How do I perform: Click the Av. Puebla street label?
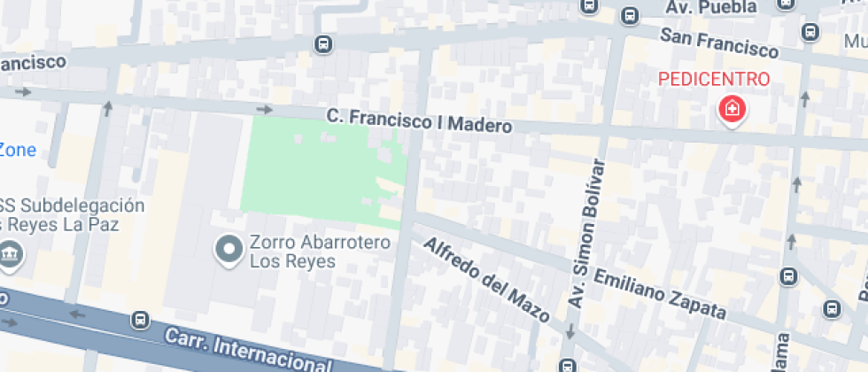point(712,7)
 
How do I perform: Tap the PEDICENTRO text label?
point(714,79)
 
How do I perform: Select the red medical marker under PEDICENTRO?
point(732,110)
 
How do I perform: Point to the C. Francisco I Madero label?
point(419,120)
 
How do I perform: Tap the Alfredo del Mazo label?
point(486,279)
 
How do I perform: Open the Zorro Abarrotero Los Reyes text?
point(292,252)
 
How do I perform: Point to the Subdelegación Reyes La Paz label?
point(72,215)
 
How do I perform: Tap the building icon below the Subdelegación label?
point(10,254)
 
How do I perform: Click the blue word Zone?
point(18,150)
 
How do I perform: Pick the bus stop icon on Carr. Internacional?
point(139,319)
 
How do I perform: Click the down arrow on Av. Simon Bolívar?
point(570,332)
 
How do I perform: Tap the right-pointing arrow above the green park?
point(264,110)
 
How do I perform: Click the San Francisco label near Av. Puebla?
point(718,41)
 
